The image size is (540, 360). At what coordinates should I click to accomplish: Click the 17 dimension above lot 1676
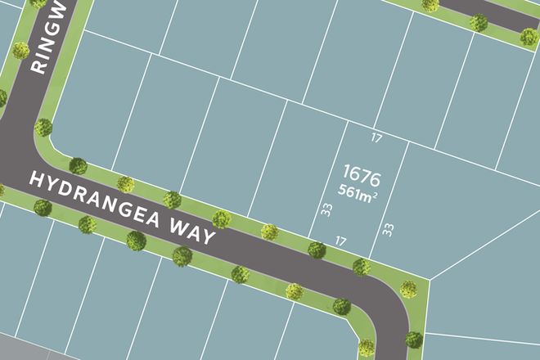coord(376,138)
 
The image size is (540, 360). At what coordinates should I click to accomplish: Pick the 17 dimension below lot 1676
coord(341,241)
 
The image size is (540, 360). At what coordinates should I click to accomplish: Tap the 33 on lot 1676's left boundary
coord(326,211)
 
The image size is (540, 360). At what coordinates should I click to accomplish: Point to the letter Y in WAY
coord(209,239)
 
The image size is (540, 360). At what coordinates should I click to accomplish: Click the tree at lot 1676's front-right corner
coord(360,266)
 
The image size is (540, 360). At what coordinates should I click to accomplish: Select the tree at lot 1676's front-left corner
coord(316,250)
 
